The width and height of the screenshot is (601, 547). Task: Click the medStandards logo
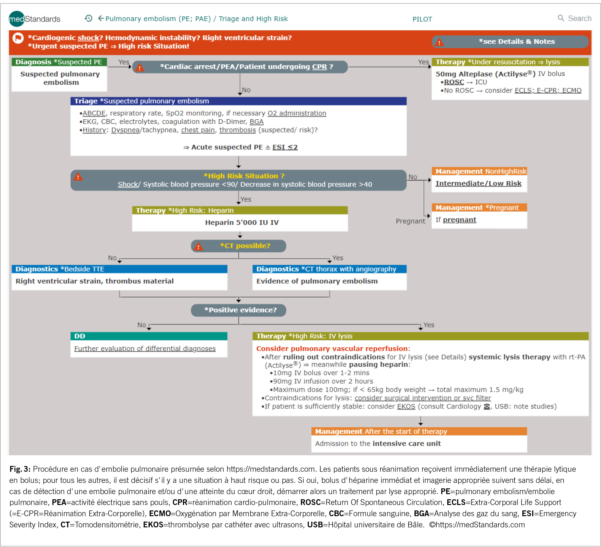click(34, 19)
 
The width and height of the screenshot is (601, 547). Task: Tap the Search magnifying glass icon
click(561, 18)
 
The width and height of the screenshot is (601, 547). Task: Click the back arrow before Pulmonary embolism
click(101, 19)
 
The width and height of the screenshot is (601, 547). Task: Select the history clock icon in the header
click(88, 19)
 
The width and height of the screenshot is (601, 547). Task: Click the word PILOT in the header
click(422, 19)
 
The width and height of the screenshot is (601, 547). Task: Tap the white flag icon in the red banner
click(18, 38)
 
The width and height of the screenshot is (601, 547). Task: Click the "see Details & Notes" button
click(510, 42)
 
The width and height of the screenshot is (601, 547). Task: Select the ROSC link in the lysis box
click(454, 82)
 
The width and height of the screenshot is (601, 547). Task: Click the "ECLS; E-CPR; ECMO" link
click(548, 91)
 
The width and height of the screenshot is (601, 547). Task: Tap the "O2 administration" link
click(297, 113)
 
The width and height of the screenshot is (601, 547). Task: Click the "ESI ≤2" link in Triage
click(285, 147)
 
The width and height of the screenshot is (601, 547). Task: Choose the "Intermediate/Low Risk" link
click(478, 184)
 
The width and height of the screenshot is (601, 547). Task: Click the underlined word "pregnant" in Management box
click(459, 220)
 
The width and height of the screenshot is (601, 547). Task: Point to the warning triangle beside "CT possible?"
click(198, 246)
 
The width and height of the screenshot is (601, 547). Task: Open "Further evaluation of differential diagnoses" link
click(145, 349)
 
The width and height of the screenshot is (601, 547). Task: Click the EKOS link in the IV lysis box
click(406, 406)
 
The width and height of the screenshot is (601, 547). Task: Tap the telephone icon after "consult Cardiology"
click(487, 406)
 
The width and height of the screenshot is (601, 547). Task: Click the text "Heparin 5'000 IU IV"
click(242, 223)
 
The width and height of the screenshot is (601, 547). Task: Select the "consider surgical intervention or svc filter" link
click(422, 398)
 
